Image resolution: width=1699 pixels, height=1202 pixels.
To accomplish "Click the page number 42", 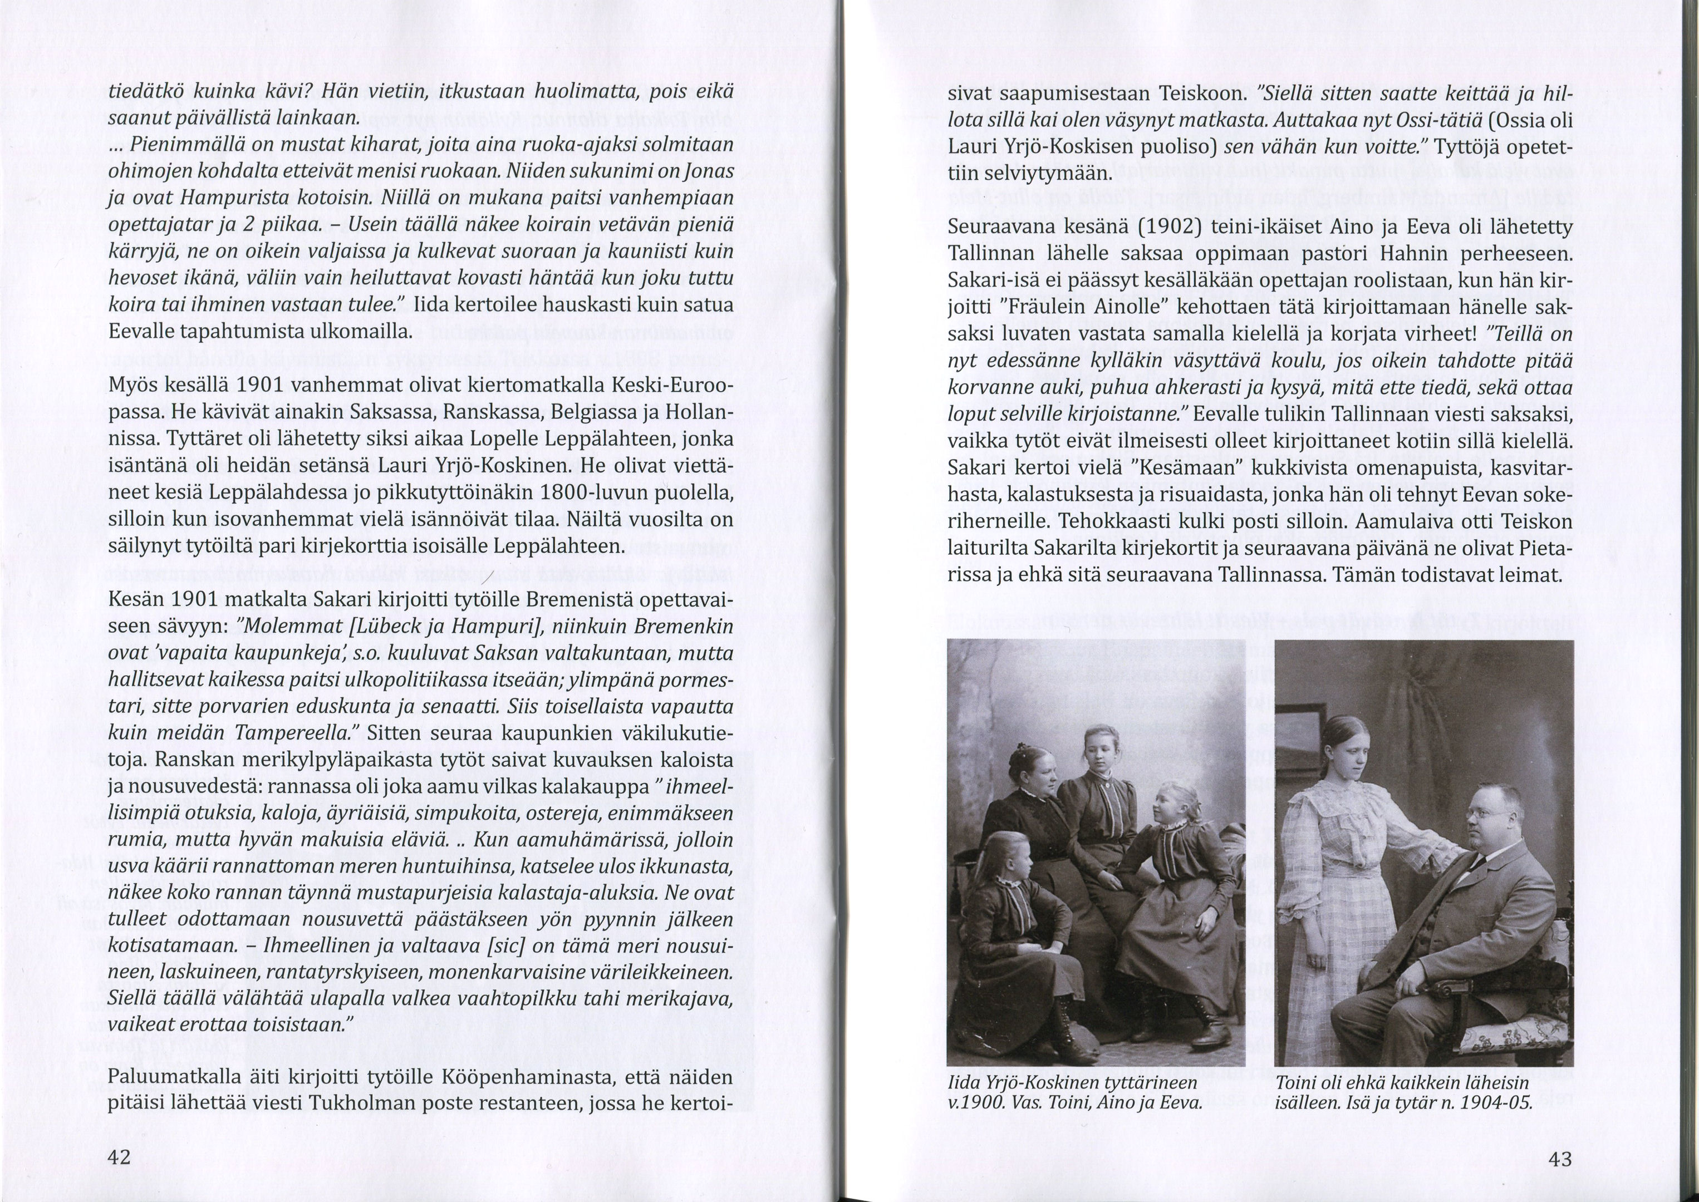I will tap(119, 1157).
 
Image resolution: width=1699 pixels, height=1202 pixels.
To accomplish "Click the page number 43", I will tap(1559, 1159).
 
